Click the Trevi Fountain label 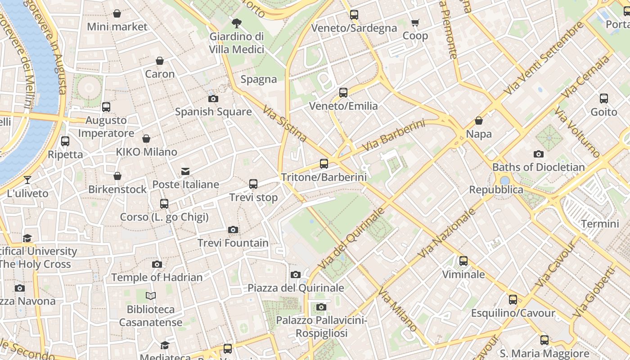(x=233, y=243)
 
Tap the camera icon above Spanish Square (x=213, y=99)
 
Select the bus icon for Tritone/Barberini (x=324, y=164)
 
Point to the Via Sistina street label (x=285, y=124)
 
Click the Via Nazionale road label (x=446, y=233)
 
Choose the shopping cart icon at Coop (x=415, y=22)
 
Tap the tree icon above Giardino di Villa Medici (x=237, y=23)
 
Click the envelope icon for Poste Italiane (x=185, y=171)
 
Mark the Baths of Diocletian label (x=538, y=167)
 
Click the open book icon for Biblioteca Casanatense (x=151, y=296)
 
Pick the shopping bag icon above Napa (x=479, y=121)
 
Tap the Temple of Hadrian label (x=157, y=277)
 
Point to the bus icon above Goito (x=604, y=98)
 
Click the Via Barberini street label (x=393, y=135)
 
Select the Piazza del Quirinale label (x=296, y=288)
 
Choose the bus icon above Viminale (x=463, y=261)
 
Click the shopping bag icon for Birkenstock (x=117, y=176)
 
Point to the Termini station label (x=600, y=224)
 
